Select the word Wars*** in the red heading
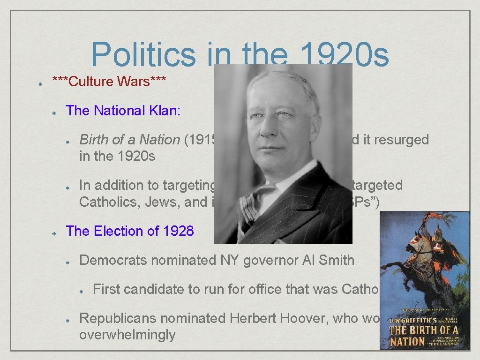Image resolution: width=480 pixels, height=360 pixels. click(x=142, y=82)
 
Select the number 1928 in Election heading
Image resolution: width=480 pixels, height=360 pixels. click(x=178, y=231)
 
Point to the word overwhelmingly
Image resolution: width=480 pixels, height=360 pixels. click(x=127, y=335)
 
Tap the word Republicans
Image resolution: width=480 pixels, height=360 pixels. click(x=120, y=318)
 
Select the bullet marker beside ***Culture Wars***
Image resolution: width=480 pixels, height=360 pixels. click(x=41, y=82)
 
